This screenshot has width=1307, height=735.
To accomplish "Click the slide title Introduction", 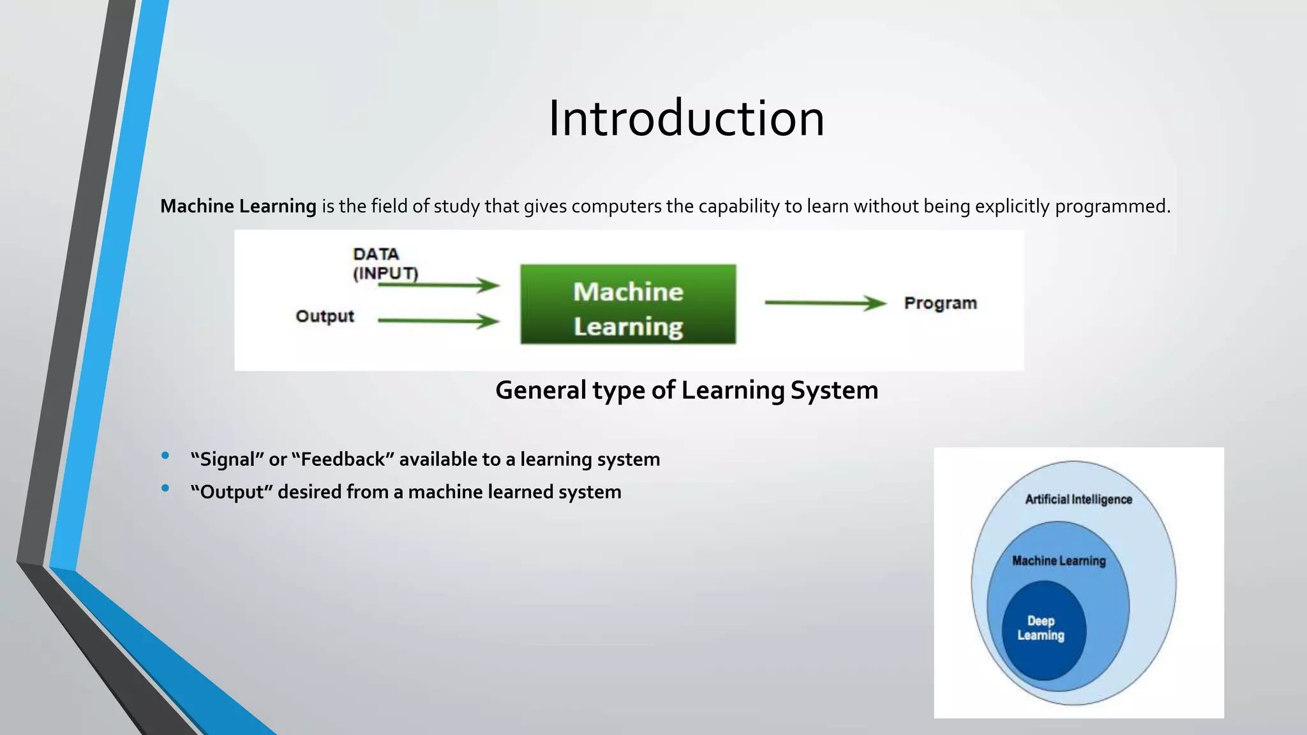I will click(686, 119).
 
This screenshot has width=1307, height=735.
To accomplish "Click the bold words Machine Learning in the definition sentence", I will click(238, 206).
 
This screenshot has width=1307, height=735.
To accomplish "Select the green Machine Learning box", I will click(628, 305).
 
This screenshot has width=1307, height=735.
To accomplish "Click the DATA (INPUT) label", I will click(384, 263).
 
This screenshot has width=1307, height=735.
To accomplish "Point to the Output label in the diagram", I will click(324, 316).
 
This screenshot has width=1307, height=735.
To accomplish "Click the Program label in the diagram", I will click(940, 303).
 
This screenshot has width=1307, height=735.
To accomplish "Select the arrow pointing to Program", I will click(825, 302).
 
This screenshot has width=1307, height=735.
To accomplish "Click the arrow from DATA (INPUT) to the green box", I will click(438, 285).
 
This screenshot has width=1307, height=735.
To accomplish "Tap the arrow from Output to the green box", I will click(438, 320).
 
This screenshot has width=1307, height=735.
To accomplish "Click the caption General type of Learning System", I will click(687, 390).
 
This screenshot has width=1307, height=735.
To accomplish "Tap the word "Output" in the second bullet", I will click(232, 492).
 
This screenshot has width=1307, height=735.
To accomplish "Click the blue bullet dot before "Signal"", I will click(165, 456).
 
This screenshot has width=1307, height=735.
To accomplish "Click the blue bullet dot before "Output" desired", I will click(165, 488).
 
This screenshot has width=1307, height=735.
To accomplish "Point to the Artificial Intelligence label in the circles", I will click(1079, 500).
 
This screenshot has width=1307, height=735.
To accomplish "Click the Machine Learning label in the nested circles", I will click(1059, 561).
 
